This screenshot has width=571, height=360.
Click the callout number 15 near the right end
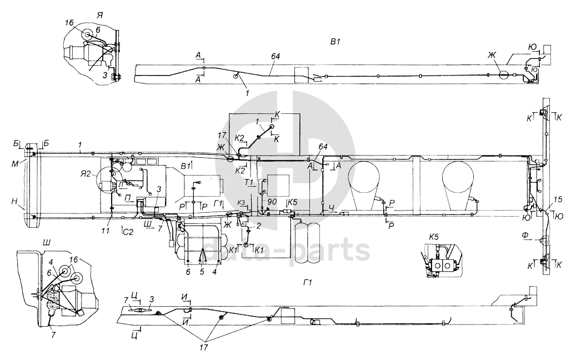click(x=558, y=198)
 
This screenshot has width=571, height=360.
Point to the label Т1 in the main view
click(x=249, y=183)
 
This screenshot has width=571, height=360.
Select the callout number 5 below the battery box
click(x=202, y=272)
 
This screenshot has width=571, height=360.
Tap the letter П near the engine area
click(x=128, y=198)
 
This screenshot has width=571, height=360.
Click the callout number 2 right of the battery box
click(x=258, y=226)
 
